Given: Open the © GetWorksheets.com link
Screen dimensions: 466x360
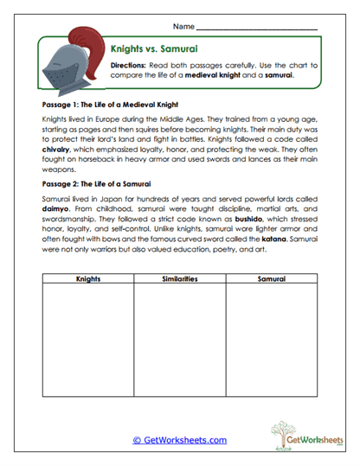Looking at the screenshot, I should point(179,440).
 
